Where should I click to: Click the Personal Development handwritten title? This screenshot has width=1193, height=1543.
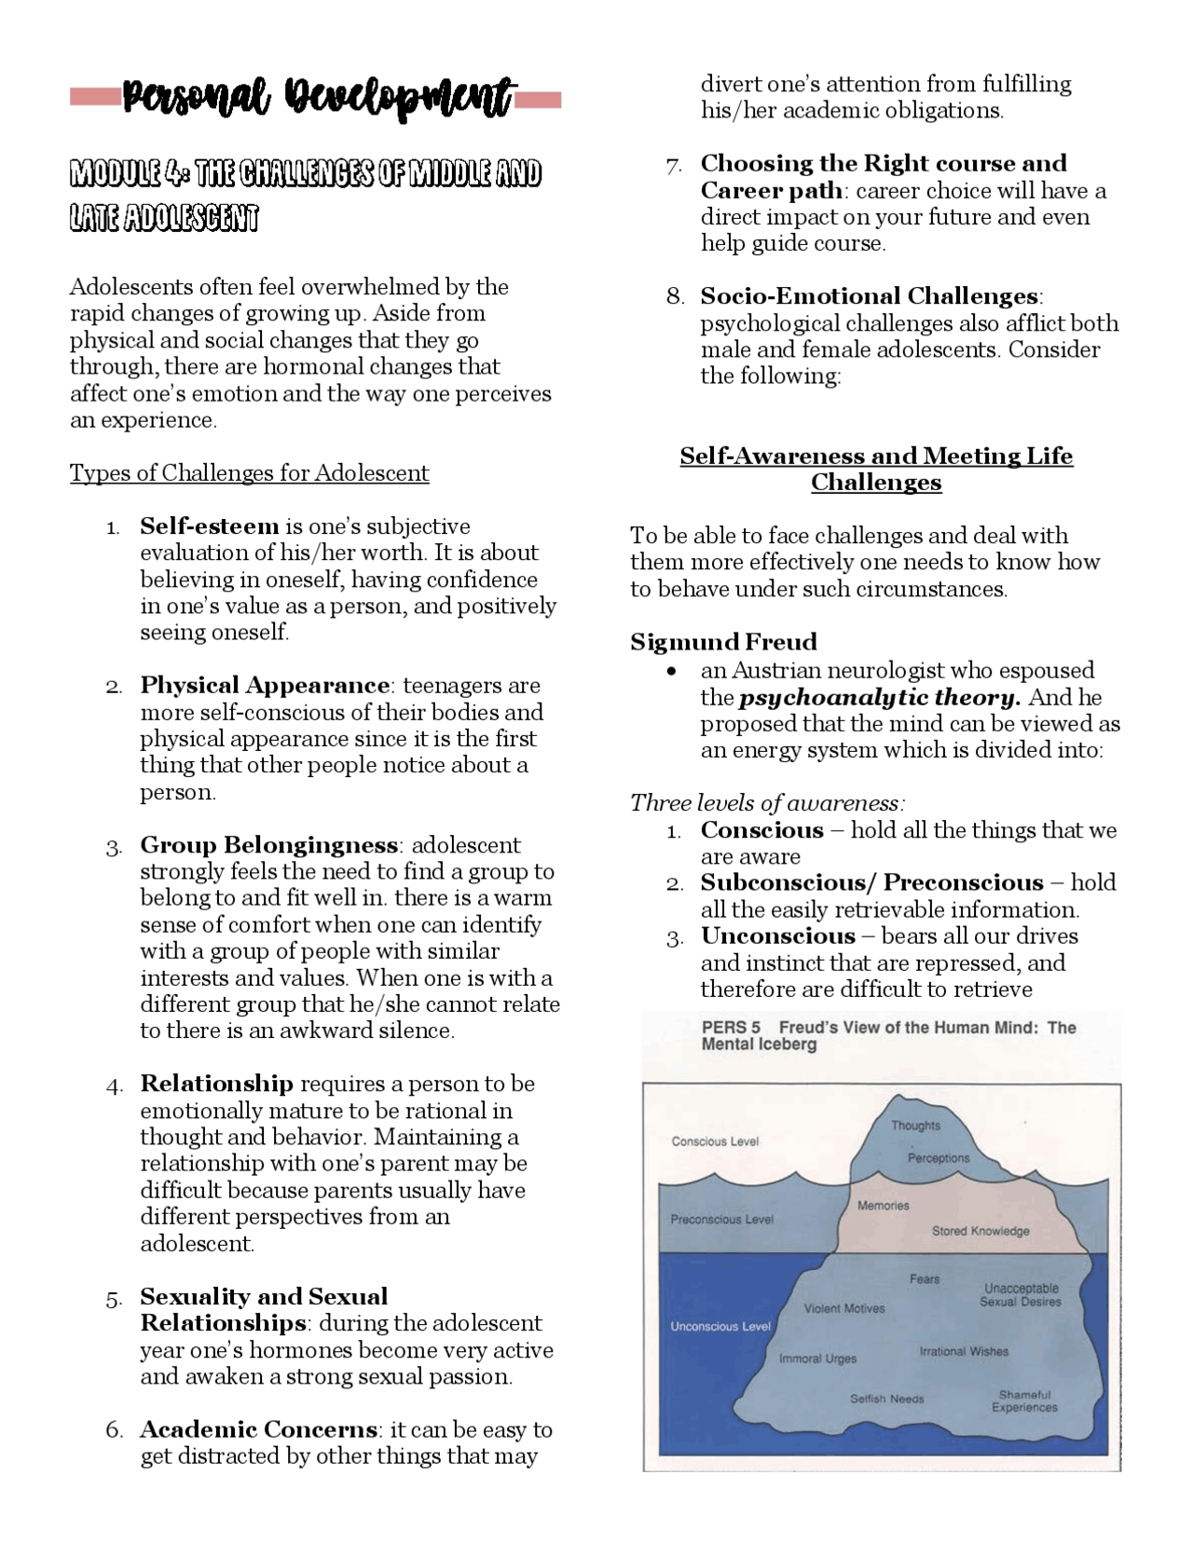point(317,98)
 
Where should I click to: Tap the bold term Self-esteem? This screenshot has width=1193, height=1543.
point(210,526)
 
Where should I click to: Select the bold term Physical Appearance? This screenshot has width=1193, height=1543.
point(265,686)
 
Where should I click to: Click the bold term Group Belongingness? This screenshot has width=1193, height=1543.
point(269,845)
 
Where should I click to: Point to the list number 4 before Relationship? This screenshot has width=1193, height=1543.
point(115,1086)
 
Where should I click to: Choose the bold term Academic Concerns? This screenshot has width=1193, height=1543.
point(259,1429)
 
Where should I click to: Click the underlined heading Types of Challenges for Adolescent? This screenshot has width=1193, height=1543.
point(249,473)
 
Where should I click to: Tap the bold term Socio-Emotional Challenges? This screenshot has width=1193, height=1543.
point(870,296)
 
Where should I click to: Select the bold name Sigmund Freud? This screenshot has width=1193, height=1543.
point(723,642)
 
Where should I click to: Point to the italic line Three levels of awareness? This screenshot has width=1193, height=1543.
point(767,802)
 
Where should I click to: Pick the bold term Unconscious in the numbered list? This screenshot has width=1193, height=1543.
point(777,936)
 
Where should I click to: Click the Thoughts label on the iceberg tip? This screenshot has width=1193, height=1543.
point(915,1126)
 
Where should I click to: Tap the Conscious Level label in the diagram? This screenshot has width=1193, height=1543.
point(715,1141)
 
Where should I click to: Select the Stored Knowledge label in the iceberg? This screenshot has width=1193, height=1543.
point(980,1231)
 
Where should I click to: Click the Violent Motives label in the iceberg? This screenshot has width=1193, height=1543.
point(844,1308)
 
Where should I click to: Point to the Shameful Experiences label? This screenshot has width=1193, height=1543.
point(1024,1401)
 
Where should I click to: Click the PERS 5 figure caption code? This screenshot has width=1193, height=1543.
point(731,1028)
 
